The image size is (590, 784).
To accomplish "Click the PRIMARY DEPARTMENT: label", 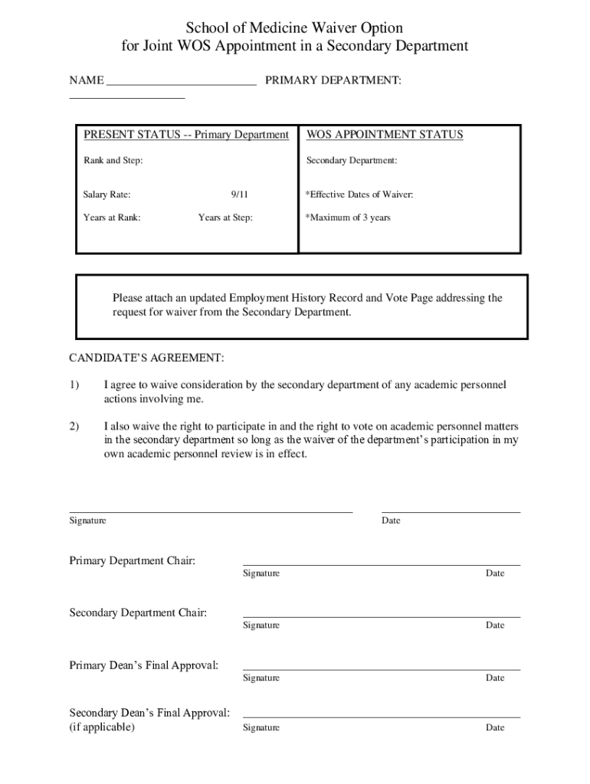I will click(x=333, y=80).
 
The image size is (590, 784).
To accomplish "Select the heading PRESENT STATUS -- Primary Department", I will click(x=185, y=135).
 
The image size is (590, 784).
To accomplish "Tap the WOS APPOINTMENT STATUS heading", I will click(x=385, y=135).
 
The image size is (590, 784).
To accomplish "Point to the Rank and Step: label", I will click(x=113, y=161).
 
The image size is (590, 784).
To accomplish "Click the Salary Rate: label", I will click(x=107, y=195).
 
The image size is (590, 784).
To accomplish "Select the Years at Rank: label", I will click(x=112, y=217).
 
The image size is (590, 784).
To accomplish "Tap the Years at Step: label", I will click(x=225, y=217).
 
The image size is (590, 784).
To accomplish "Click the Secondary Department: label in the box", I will click(x=352, y=161).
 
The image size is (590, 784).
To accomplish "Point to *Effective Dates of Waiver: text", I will click(x=359, y=195).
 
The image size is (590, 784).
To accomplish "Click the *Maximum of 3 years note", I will click(x=348, y=217).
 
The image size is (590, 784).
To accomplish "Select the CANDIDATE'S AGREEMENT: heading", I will click(x=146, y=358).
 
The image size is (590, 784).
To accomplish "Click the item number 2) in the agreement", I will click(x=74, y=426).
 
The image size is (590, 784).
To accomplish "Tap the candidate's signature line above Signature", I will click(x=211, y=510).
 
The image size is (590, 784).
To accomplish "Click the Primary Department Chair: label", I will click(x=133, y=561).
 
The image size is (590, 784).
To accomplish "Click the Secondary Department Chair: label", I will click(x=138, y=612).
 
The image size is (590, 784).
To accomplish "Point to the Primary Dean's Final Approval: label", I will click(x=144, y=665).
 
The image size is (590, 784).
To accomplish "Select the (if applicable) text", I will click(x=102, y=727).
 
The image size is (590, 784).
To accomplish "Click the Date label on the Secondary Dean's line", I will click(x=495, y=727).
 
